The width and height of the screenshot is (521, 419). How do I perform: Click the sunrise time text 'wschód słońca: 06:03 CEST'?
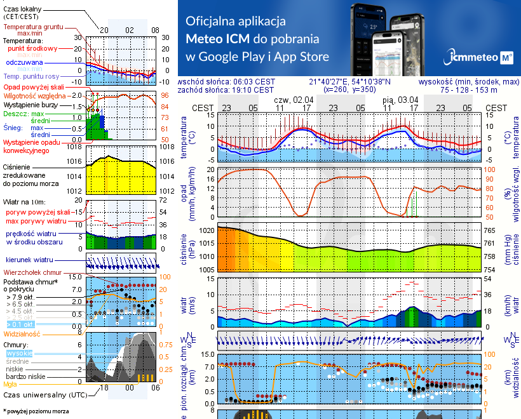coord(227,82)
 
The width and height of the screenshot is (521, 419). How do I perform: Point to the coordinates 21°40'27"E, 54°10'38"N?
coord(350,82)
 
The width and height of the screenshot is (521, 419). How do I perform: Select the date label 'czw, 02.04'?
coord(294,100)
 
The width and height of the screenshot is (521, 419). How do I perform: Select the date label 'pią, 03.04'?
coord(400,100)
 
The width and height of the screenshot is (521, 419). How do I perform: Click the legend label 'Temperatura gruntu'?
coord(32,27)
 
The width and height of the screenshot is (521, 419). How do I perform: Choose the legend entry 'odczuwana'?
coord(24,63)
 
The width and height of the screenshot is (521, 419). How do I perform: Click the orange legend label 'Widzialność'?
coord(22,333)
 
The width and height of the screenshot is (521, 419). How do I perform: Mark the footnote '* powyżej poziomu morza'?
coord(35,411)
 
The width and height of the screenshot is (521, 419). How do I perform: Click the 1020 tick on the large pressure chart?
coord(207,231)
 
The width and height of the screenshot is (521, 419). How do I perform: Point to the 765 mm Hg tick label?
coord(490,231)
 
